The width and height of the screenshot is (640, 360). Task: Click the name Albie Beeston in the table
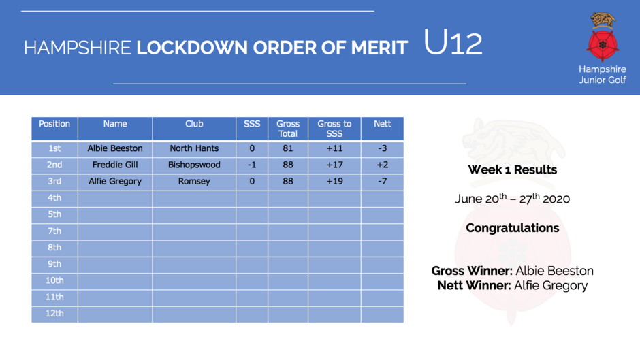tap(115, 148)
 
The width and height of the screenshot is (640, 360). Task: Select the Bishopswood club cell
tap(194, 165)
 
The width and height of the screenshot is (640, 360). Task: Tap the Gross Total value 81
tap(288, 148)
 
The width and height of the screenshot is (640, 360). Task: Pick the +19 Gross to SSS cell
tap(335, 181)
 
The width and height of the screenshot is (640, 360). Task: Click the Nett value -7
tap(382, 181)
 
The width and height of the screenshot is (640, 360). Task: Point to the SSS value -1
tap(252, 165)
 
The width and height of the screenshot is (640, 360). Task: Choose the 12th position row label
tap(54, 314)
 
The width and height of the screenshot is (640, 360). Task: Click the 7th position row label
tap(54, 231)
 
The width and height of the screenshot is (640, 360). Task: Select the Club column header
tap(194, 124)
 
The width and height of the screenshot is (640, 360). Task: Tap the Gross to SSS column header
tap(334, 129)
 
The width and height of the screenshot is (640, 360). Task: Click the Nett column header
tap(383, 124)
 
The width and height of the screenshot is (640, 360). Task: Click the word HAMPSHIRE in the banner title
tap(77, 48)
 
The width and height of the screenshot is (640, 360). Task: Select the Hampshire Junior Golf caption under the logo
tap(603, 75)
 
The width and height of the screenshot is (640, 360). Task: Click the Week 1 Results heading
tap(512, 170)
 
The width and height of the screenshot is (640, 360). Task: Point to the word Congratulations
tap(512, 228)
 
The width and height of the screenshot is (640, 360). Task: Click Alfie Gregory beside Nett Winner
tap(551, 286)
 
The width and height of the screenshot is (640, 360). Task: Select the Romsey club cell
tap(194, 181)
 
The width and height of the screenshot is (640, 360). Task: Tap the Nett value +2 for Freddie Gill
tap(383, 165)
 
